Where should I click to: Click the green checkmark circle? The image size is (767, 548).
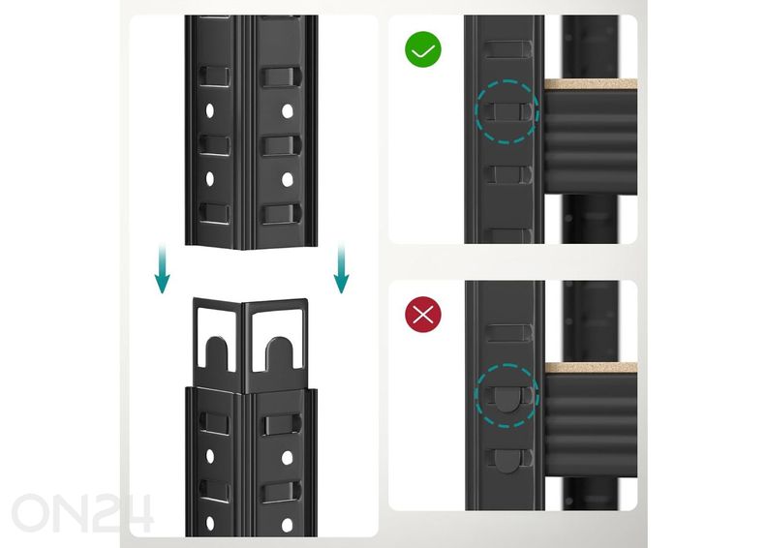pyautogui.click(x=423, y=49)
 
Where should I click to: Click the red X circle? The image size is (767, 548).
pyautogui.click(x=423, y=315)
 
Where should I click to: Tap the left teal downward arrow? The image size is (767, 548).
pyautogui.click(x=162, y=268)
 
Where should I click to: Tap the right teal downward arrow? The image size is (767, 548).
pyautogui.click(x=341, y=268)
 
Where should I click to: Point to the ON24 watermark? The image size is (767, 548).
pyautogui.click(x=82, y=513)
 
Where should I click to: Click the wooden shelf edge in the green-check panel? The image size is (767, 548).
pyautogui.click(x=591, y=84)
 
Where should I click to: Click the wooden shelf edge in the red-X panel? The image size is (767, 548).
pyautogui.click(x=591, y=368)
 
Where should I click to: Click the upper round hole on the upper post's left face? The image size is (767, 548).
pyautogui.click(x=210, y=111)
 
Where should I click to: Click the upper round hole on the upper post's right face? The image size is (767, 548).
pyautogui.click(x=287, y=111)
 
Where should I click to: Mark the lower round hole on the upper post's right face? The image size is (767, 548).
pyautogui.click(x=287, y=180)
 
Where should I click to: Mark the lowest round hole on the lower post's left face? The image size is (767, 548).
pyautogui.click(x=210, y=523)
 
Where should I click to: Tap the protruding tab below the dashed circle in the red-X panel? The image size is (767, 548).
pyautogui.click(x=506, y=461)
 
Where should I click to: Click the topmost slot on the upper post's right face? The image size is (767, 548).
pyautogui.click(x=280, y=77)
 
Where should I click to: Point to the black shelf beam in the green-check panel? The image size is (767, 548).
pyautogui.click(x=591, y=141)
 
